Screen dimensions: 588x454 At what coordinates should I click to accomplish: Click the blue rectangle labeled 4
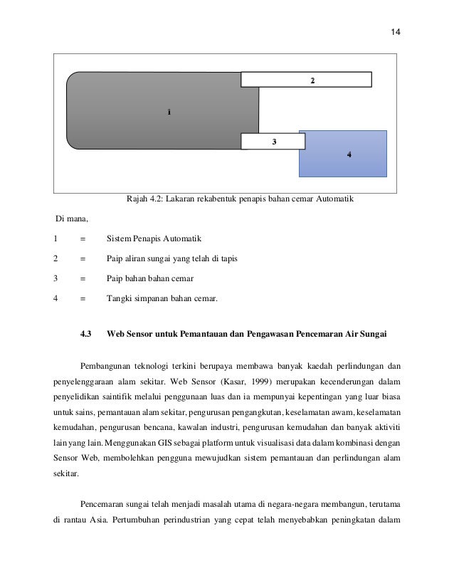[x=342, y=154]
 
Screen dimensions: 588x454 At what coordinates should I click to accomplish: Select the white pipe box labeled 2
[x=306, y=80]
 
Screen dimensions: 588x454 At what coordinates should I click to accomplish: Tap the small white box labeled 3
[x=273, y=142]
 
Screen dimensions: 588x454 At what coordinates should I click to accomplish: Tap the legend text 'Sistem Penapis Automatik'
[x=151, y=238]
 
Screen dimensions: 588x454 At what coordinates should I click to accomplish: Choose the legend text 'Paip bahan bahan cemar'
[x=149, y=278]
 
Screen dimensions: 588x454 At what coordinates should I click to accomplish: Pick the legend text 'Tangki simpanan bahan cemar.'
[x=162, y=299]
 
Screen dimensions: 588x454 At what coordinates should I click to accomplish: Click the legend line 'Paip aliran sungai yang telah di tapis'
[x=171, y=258]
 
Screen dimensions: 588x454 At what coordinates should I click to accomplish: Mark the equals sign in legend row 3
[x=83, y=278]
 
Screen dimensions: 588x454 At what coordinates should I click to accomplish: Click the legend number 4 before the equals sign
[x=56, y=299]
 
